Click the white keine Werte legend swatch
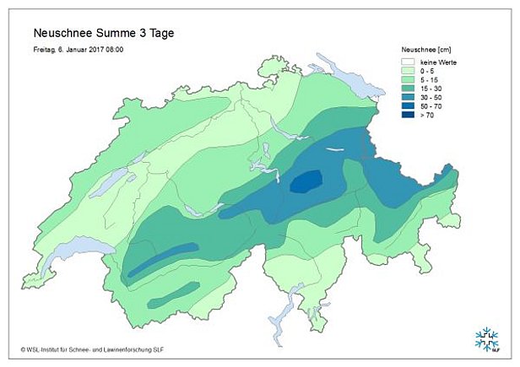click(x=409, y=62)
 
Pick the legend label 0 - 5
click(x=430, y=71)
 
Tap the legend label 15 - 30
click(x=432, y=89)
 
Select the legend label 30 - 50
click(x=432, y=99)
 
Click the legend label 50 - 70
click(x=432, y=108)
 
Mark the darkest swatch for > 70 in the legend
click(x=409, y=117)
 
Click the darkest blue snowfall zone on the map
click(x=306, y=181)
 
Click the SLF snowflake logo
click(x=486, y=338)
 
